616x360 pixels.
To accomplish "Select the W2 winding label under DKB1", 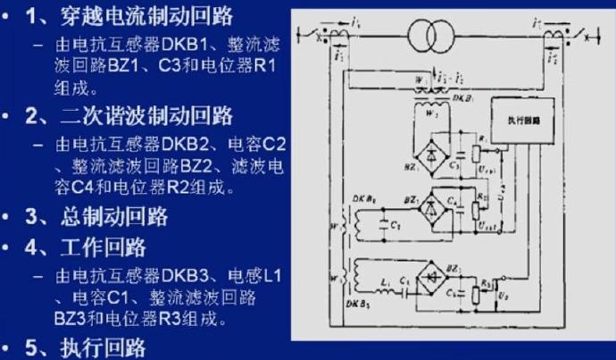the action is pyautogui.click(x=426, y=113).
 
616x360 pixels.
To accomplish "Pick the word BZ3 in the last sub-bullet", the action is pyautogui.click(x=73, y=318).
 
